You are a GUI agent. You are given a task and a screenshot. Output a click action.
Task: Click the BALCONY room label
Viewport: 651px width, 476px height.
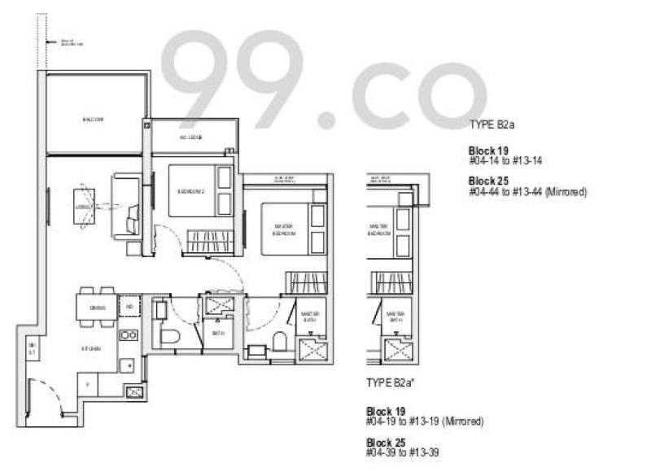click(94, 120)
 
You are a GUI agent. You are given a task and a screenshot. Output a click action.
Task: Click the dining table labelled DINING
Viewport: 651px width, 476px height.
click(97, 308)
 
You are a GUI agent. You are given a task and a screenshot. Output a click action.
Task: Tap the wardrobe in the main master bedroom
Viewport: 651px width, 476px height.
click(305, 284)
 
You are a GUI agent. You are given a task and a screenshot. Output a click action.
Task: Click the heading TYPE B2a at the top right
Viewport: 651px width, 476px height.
click(493, 125)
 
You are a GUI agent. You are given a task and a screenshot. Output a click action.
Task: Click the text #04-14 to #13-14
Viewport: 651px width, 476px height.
click(505, 162)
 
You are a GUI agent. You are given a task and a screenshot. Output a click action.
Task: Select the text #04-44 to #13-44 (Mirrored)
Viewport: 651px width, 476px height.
click(527, 192)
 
